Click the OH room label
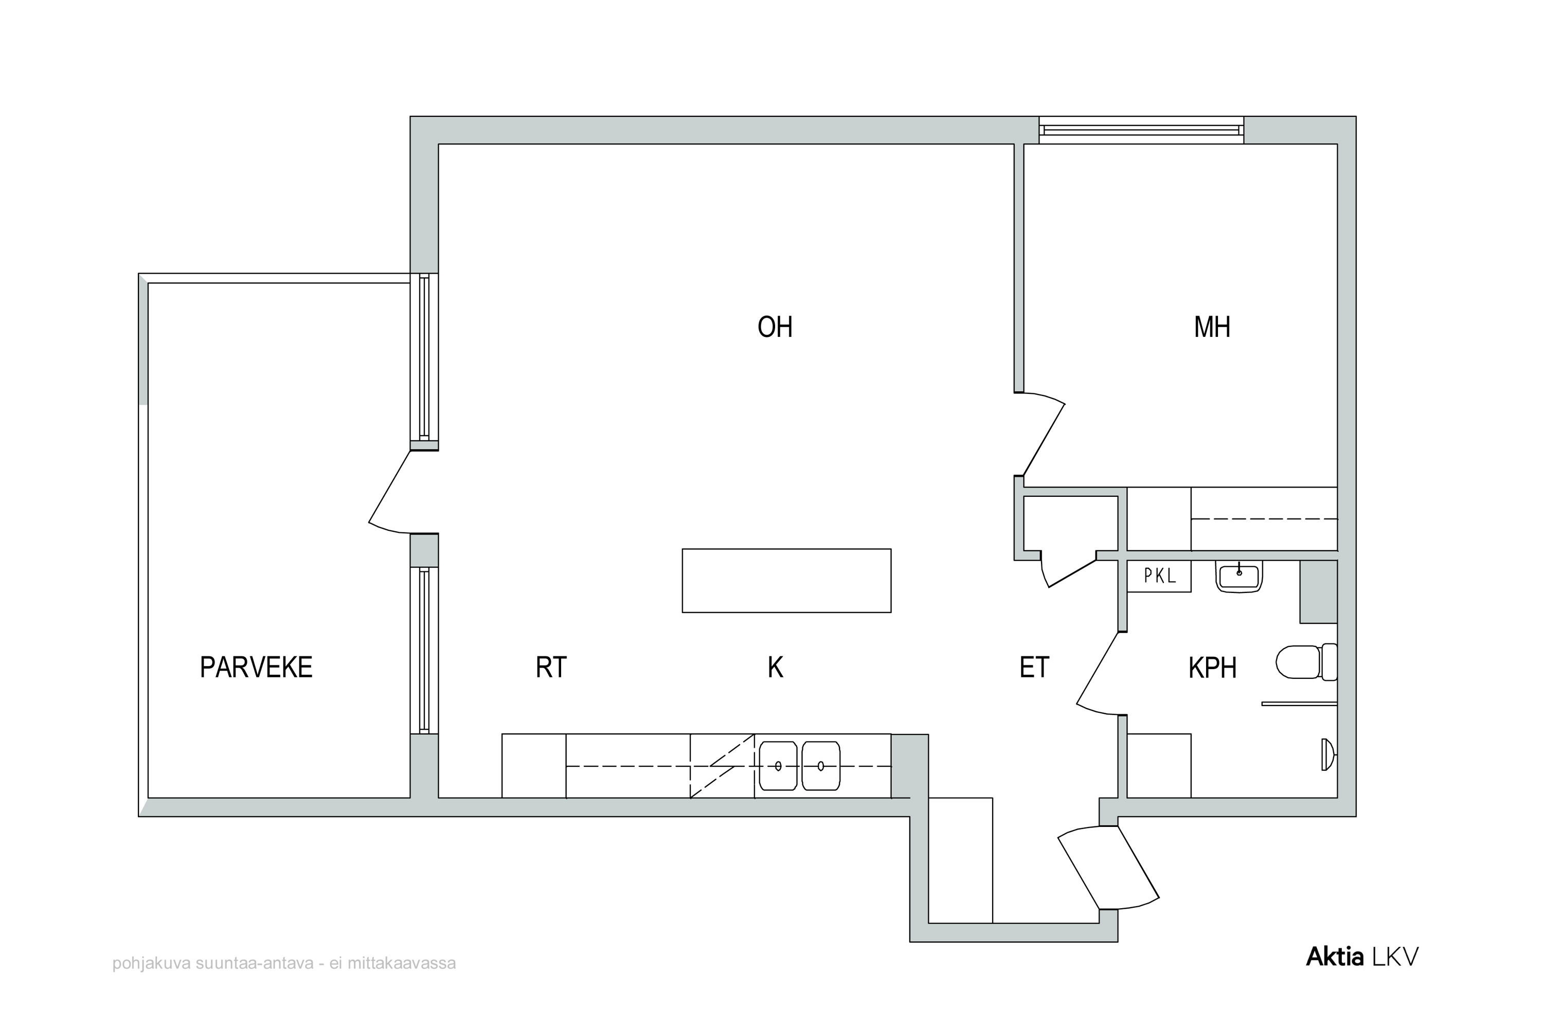click(x=775, y=327)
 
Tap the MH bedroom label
click(x=1212, y=327)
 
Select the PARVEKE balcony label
click(x=256, y=668)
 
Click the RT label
click(x=551, y=668)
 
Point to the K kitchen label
click(x=775, y=668)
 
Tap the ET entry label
click(x=1034, y=668)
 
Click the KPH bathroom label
click(x=1212, y=668)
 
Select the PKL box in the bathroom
click(x=1159, y=576)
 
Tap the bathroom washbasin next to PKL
click(x=1239, y=577)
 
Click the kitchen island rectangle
click(x=786, y=581)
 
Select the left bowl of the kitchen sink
click(x=778, y=766)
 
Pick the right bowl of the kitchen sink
click(x=820, y=766)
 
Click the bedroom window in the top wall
click(x=1141, y=130)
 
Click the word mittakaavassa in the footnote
click(x=401, y=963)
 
